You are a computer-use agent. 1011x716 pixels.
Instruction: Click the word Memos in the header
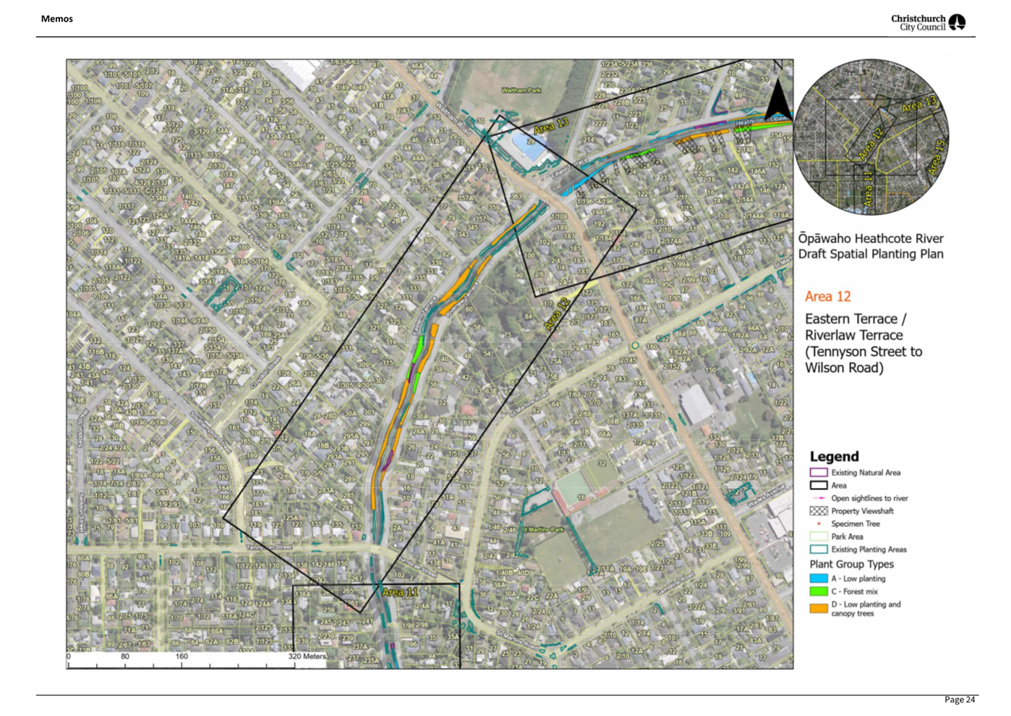[56, 19]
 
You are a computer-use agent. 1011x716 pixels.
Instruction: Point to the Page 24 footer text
[959, 699]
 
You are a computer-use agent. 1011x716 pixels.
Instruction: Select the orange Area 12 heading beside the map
[827, 296]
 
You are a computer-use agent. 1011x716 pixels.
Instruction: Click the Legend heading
[834, 456]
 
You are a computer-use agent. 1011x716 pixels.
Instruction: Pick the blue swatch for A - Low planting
[818, 578]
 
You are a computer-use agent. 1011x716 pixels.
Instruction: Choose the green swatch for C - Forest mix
[818, 591]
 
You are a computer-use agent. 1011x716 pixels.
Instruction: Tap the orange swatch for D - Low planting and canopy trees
[818, 608]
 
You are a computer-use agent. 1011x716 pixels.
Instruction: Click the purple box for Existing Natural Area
[818, 472]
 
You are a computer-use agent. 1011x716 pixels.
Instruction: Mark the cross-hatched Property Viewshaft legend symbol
[818, 510]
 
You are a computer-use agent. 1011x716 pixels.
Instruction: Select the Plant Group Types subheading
[851, 564]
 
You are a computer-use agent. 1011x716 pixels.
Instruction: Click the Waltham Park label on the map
[521, 90]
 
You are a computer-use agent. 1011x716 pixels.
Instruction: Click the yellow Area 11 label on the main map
[400, 592]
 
